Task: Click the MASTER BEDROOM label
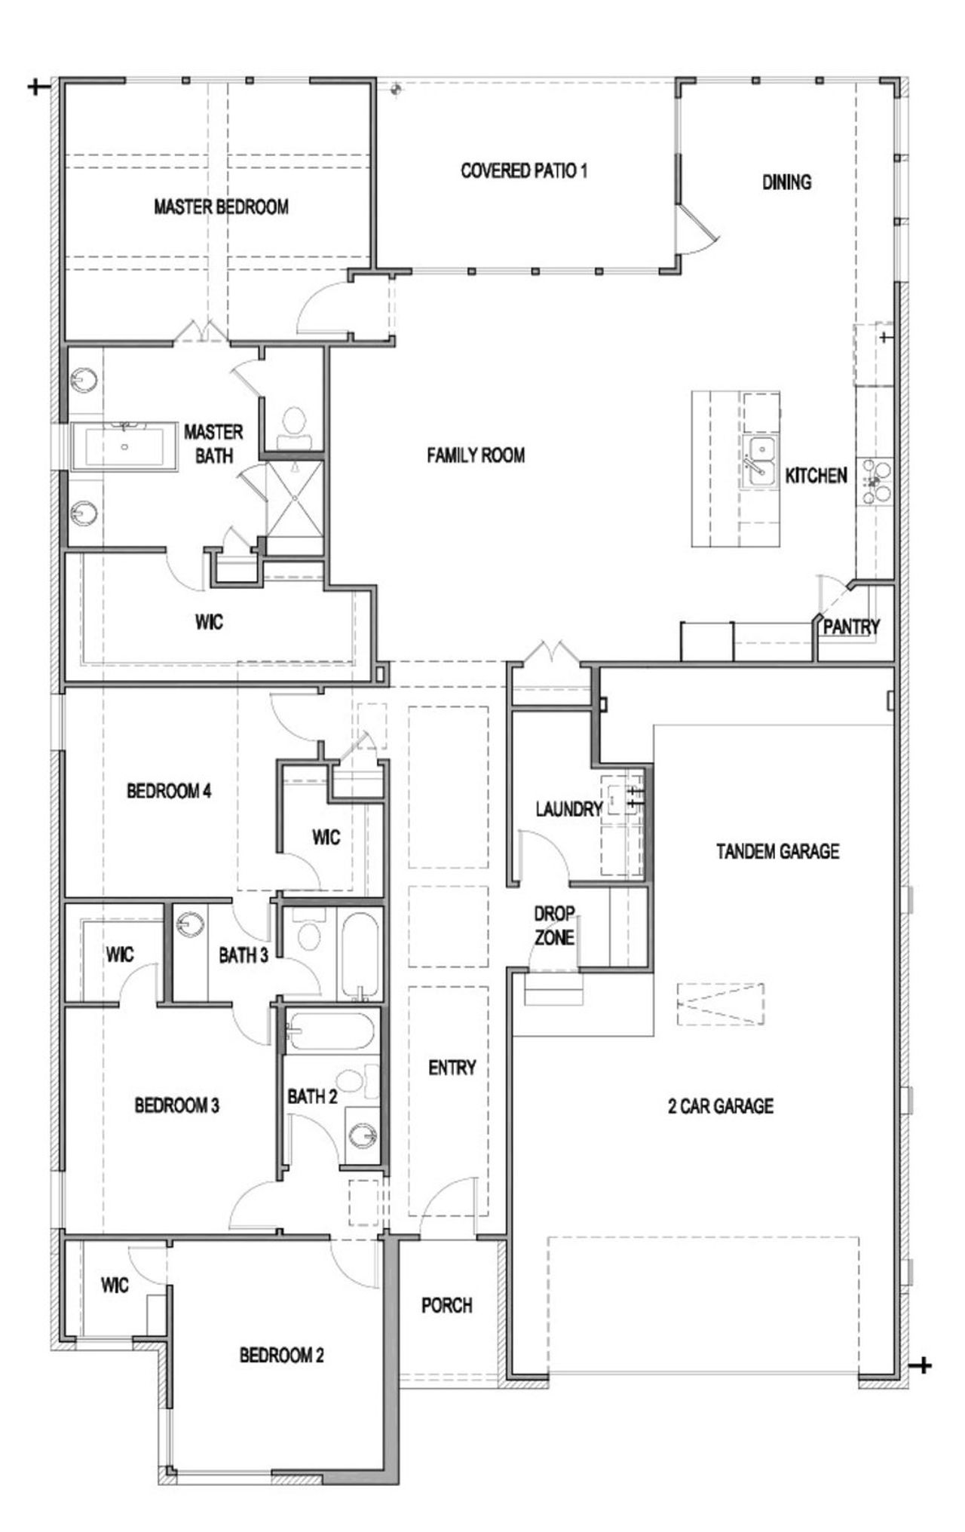[221, 207]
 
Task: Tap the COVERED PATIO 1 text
[524, 170]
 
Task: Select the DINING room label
[786, 182]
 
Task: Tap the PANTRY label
[851, 627]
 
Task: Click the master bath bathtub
[124, 448]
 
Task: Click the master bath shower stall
[295, 498]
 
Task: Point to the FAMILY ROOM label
[476, 455]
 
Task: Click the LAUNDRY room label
[568, 810]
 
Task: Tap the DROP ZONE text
[554, 926]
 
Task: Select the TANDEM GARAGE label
[777, 851]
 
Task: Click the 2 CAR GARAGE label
[721, 1106]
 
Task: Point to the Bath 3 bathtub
[361, 956]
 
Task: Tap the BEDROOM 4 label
[169, 791]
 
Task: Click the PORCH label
[446, 1305]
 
